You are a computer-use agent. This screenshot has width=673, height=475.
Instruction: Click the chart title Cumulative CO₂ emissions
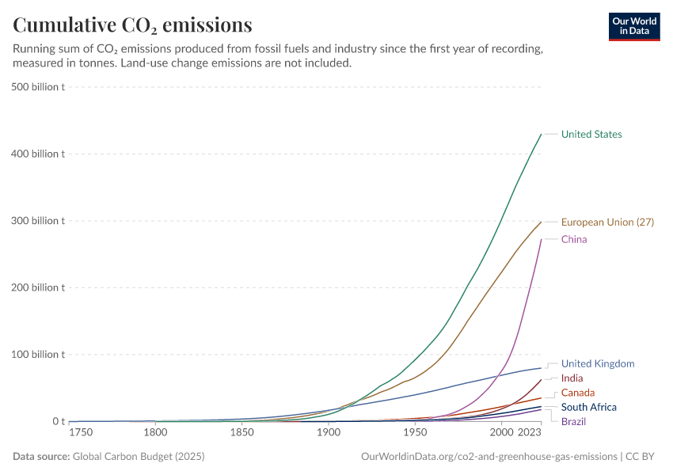[x=133, y=25]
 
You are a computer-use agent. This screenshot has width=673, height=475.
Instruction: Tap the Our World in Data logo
[x=634, y=25]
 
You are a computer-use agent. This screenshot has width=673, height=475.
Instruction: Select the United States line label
[x=591, y=135]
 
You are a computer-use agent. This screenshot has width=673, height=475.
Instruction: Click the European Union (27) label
[x=607, y=222]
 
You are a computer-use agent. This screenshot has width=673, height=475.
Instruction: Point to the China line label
[x=574, y=240]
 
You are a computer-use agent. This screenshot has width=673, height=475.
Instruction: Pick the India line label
[x=572, y=378]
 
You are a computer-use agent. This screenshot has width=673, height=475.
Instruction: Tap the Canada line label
[x=578, y=393]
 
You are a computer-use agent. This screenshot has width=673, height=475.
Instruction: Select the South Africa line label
[x=588, y=407]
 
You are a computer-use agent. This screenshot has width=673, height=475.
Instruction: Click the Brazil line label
[x=573, y=421]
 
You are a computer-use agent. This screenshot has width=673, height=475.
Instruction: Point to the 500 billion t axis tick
[x=39, y=86]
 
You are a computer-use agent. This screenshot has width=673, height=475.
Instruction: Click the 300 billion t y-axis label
[x=39, y=221]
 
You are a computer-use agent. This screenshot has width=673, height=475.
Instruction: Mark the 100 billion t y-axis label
[x=39, y=355]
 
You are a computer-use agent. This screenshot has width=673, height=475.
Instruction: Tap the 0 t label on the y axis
[x=58, y=422]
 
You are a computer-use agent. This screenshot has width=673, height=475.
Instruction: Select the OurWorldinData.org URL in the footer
[x=489, y=457]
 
